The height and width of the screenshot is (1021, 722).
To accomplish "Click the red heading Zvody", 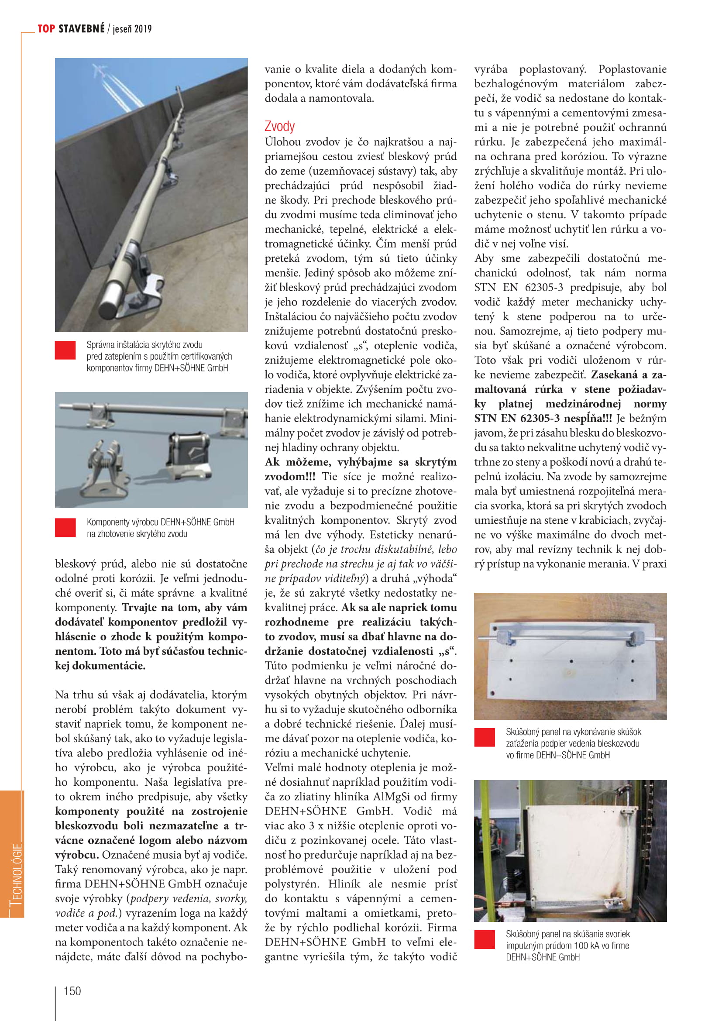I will [279, 126].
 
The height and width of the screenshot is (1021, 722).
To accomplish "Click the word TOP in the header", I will [46, 29].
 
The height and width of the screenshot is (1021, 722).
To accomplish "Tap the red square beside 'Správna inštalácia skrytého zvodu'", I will [65, 350].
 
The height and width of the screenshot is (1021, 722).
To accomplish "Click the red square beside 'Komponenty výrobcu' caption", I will [65, 527].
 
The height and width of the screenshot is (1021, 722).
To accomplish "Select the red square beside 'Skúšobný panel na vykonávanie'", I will [485, 737].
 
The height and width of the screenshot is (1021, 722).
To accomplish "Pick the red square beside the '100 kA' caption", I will [485, 940].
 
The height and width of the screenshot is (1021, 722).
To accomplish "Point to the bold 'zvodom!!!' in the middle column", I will [290, 477].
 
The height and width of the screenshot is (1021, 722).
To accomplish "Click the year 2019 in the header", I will [143, 29].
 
